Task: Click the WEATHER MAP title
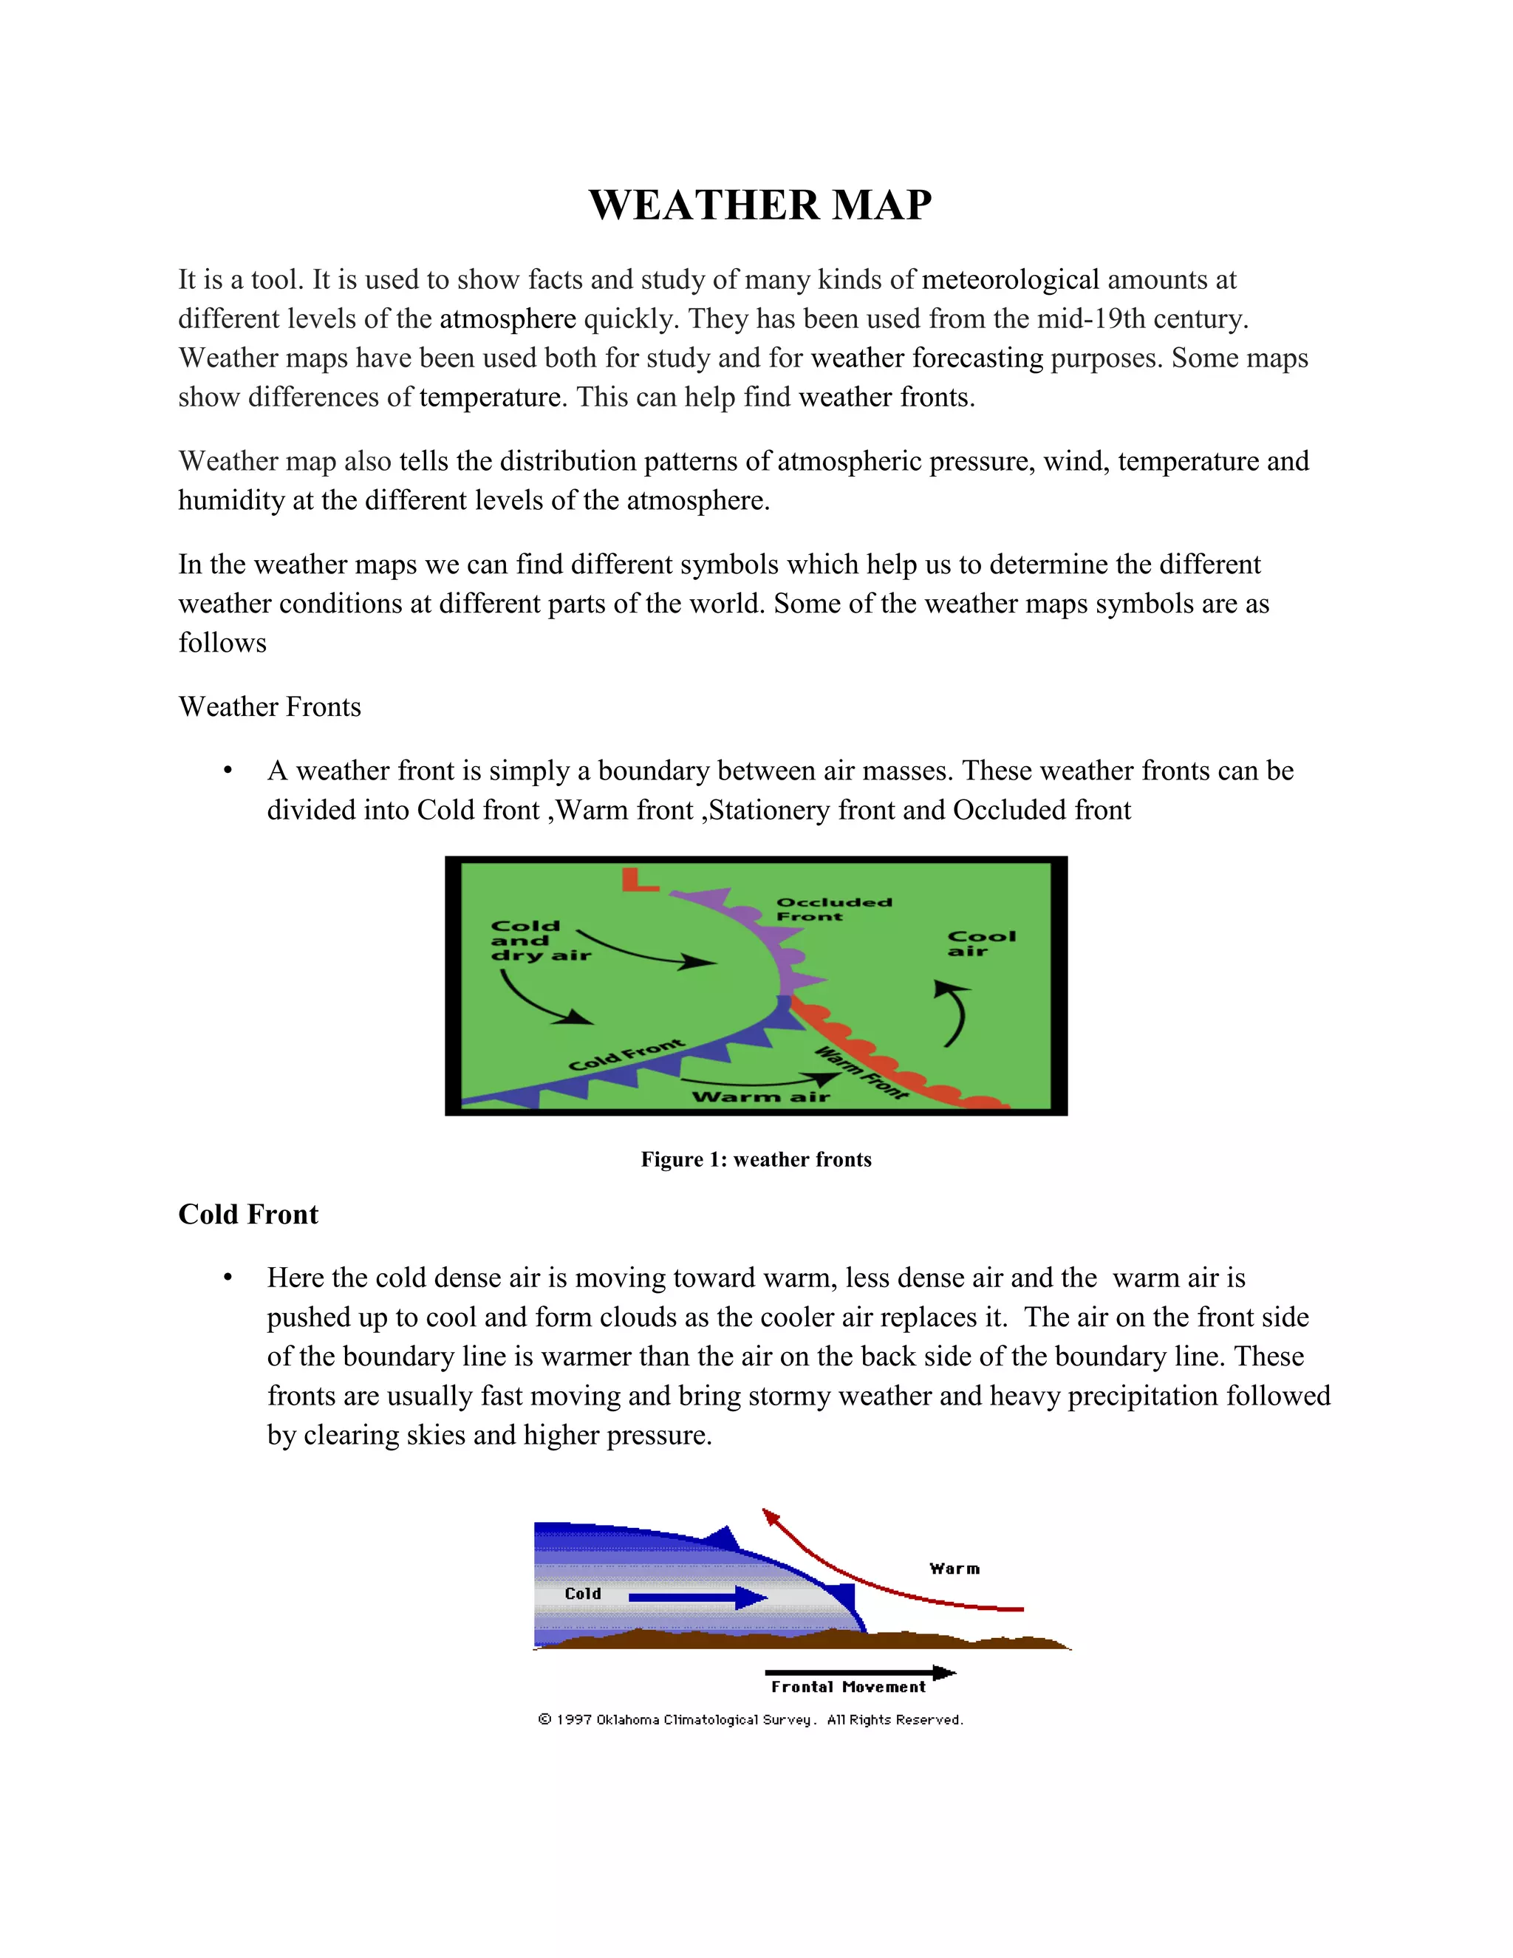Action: point(760,205)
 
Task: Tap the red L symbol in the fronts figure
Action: point(639,881)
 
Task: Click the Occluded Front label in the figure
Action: point(833,909)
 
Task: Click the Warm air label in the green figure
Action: point(760,1096)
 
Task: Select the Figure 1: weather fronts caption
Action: point(756,1159)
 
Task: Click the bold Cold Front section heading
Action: point(248,1214)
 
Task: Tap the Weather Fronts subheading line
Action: point(270,706)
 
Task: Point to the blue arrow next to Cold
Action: point(697,1597)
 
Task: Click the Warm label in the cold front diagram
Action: point(954,1569)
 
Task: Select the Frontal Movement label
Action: point(848,1688)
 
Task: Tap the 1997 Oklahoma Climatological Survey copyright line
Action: point(751,1719)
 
